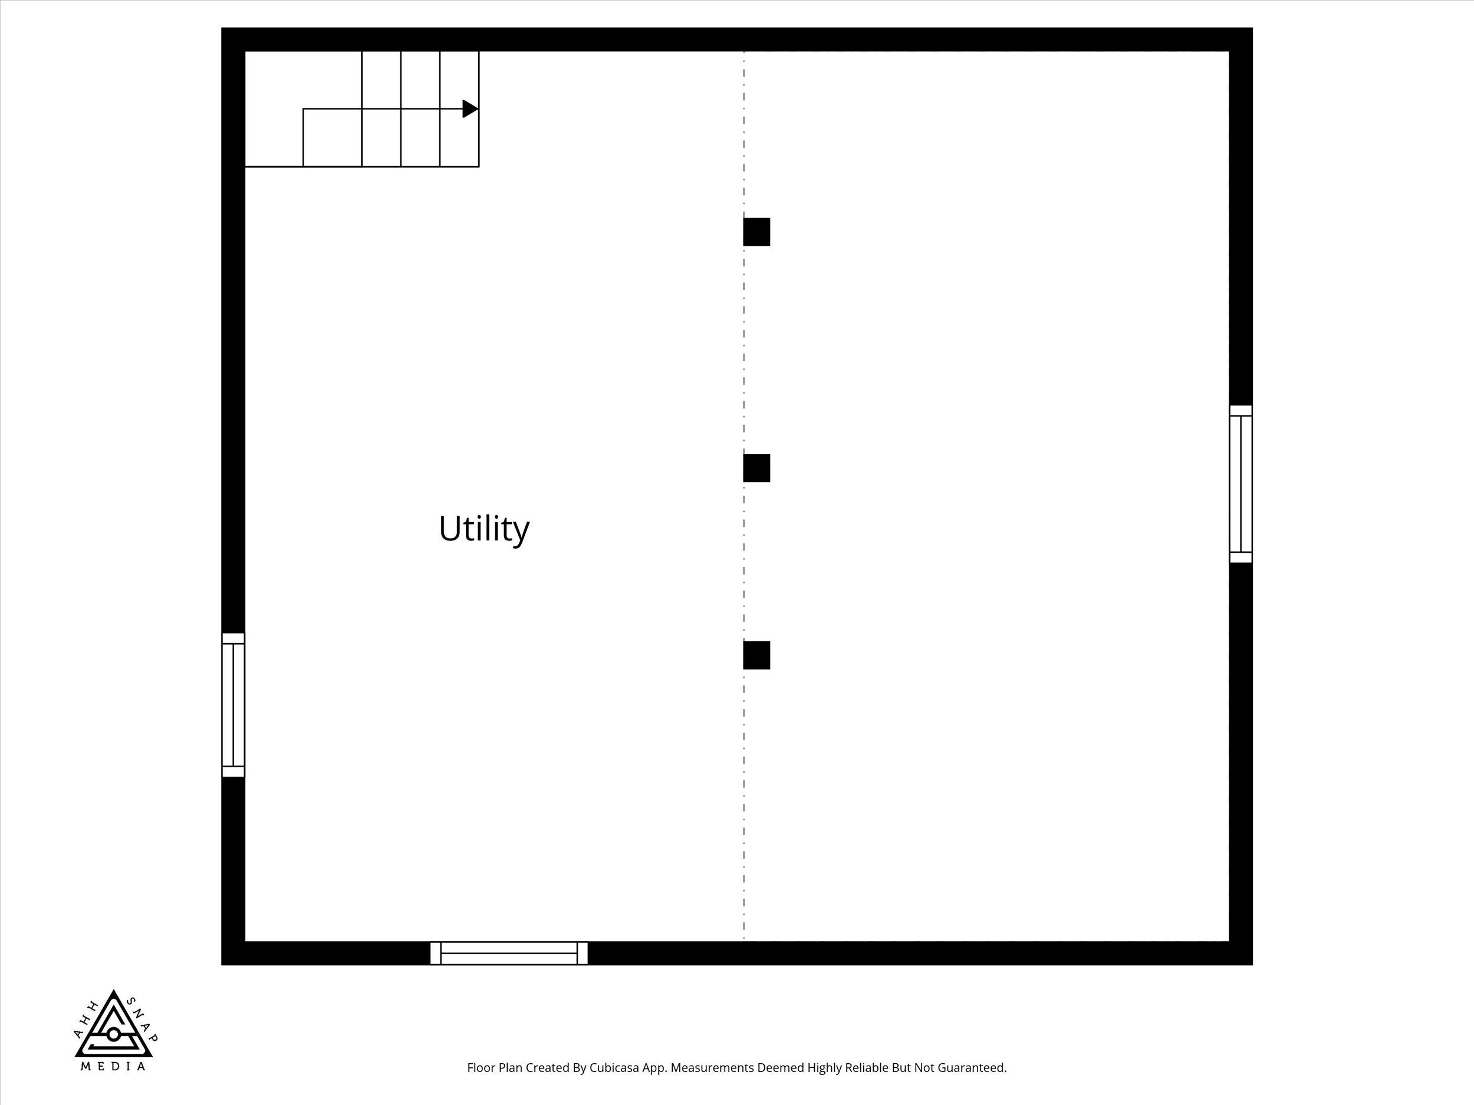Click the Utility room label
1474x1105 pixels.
point(484,529)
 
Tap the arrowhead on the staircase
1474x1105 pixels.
point(471,108)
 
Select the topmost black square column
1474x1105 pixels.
point(756,232)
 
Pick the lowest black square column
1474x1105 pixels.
point(756,655)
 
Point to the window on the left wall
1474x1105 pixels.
point(233,705)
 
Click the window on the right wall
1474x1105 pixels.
point(1241,484)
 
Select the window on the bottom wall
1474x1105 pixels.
point(509,953)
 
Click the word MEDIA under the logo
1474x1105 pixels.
point(113,1066)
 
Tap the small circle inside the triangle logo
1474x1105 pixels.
point(113,1034)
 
